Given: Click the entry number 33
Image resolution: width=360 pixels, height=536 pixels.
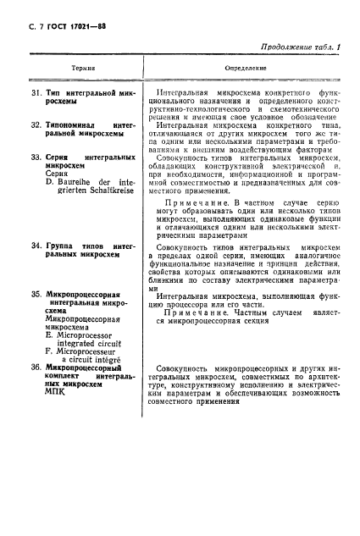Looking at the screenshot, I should (35, 158).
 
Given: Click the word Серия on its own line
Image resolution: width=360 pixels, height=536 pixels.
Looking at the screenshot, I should (57, 174).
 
